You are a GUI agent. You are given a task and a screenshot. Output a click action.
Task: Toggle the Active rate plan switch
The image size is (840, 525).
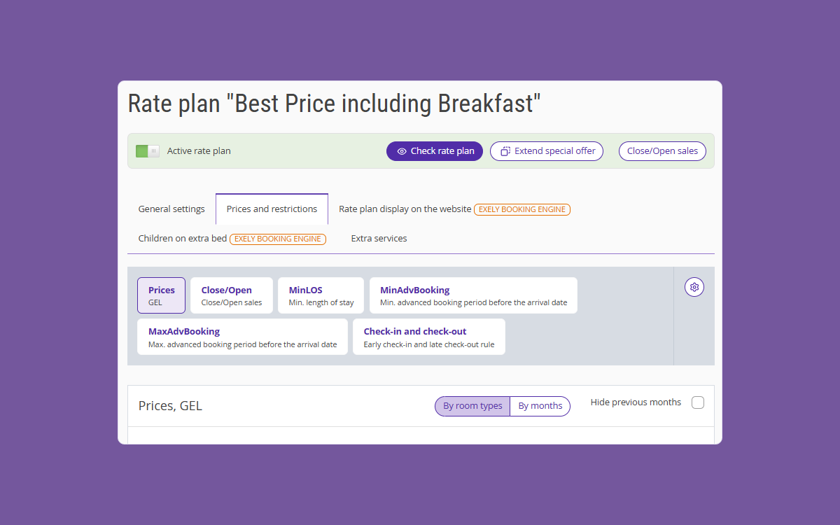[148, 151]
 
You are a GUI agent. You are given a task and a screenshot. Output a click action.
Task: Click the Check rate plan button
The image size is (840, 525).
[434, 151]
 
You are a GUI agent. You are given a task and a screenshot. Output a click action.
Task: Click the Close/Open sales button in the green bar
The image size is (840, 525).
[662, 151]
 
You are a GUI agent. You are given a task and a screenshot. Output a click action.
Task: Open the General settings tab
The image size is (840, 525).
[171, 209]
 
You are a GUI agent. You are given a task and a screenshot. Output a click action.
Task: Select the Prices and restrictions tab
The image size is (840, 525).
[272, 209]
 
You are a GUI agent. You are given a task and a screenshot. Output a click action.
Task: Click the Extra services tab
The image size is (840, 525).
[379, 239]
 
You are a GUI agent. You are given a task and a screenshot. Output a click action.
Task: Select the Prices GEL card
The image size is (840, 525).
[161, 295]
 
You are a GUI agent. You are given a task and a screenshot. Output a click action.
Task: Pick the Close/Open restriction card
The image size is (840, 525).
[232, 295]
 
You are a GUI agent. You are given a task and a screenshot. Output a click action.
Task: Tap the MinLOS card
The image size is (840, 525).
[321, 295]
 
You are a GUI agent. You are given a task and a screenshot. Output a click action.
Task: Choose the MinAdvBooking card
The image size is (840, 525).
[473, 295]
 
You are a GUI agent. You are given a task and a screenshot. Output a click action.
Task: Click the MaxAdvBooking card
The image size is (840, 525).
[242, 337]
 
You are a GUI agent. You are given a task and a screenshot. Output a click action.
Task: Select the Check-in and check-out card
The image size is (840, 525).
[429, 337]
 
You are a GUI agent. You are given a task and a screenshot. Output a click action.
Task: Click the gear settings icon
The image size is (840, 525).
[694, 287]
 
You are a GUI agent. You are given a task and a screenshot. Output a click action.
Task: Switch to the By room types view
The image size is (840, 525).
[472, 406]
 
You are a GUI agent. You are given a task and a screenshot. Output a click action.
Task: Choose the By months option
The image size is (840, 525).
[540, 406]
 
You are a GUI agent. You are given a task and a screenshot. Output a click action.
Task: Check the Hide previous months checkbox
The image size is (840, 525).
[698, 402]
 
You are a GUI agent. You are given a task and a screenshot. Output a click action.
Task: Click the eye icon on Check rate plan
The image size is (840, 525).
[402, 151]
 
